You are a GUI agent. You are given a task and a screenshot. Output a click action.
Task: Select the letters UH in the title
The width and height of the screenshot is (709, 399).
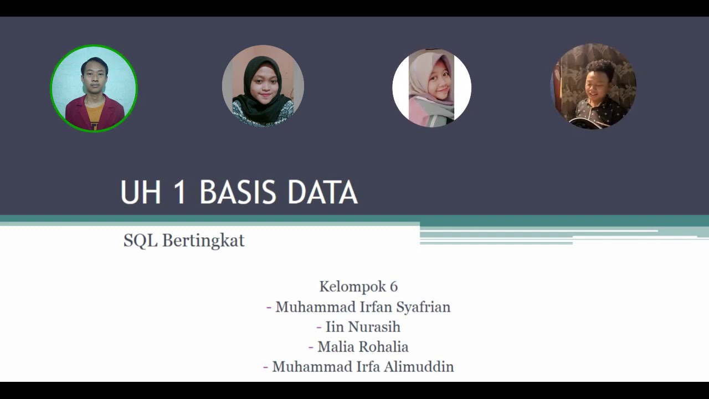[141, 193]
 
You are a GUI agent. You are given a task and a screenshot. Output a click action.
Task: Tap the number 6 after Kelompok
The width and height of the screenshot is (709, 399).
[393, 287]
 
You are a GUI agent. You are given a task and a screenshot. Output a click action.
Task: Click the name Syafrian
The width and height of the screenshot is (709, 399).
[423, 307]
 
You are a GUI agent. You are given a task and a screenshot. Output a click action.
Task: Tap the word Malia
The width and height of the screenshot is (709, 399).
[335, 347]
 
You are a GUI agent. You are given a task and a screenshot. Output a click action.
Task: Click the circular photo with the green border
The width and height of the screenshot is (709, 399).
[94, 88]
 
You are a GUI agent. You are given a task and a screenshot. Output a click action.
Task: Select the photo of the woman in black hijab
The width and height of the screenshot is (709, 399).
[263, 86]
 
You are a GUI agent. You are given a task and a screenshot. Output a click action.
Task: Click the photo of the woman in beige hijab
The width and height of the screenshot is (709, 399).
[431, 88]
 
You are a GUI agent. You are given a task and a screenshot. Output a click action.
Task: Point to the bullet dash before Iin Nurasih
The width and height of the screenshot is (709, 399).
[319, 327]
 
